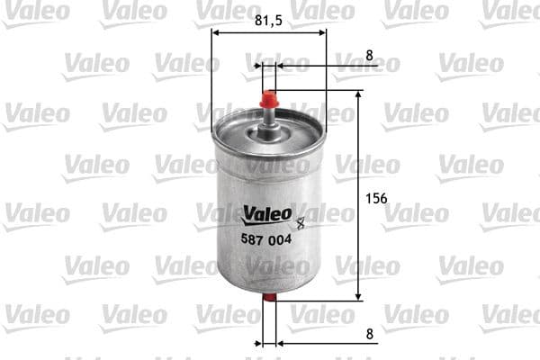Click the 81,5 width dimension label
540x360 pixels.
pos(268,17)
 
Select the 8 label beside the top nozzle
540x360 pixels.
pos(369,55)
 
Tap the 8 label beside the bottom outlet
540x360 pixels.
pos(369,333)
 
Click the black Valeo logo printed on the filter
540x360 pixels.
pos(267,214)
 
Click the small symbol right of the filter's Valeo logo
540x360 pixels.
pos(300,216)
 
